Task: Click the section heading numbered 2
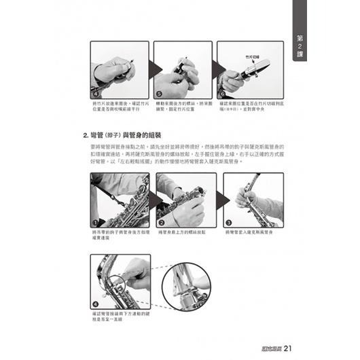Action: coord(118,134)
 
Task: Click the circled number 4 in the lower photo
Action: coord(96,304)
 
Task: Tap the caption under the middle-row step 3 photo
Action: coord(250,232)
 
